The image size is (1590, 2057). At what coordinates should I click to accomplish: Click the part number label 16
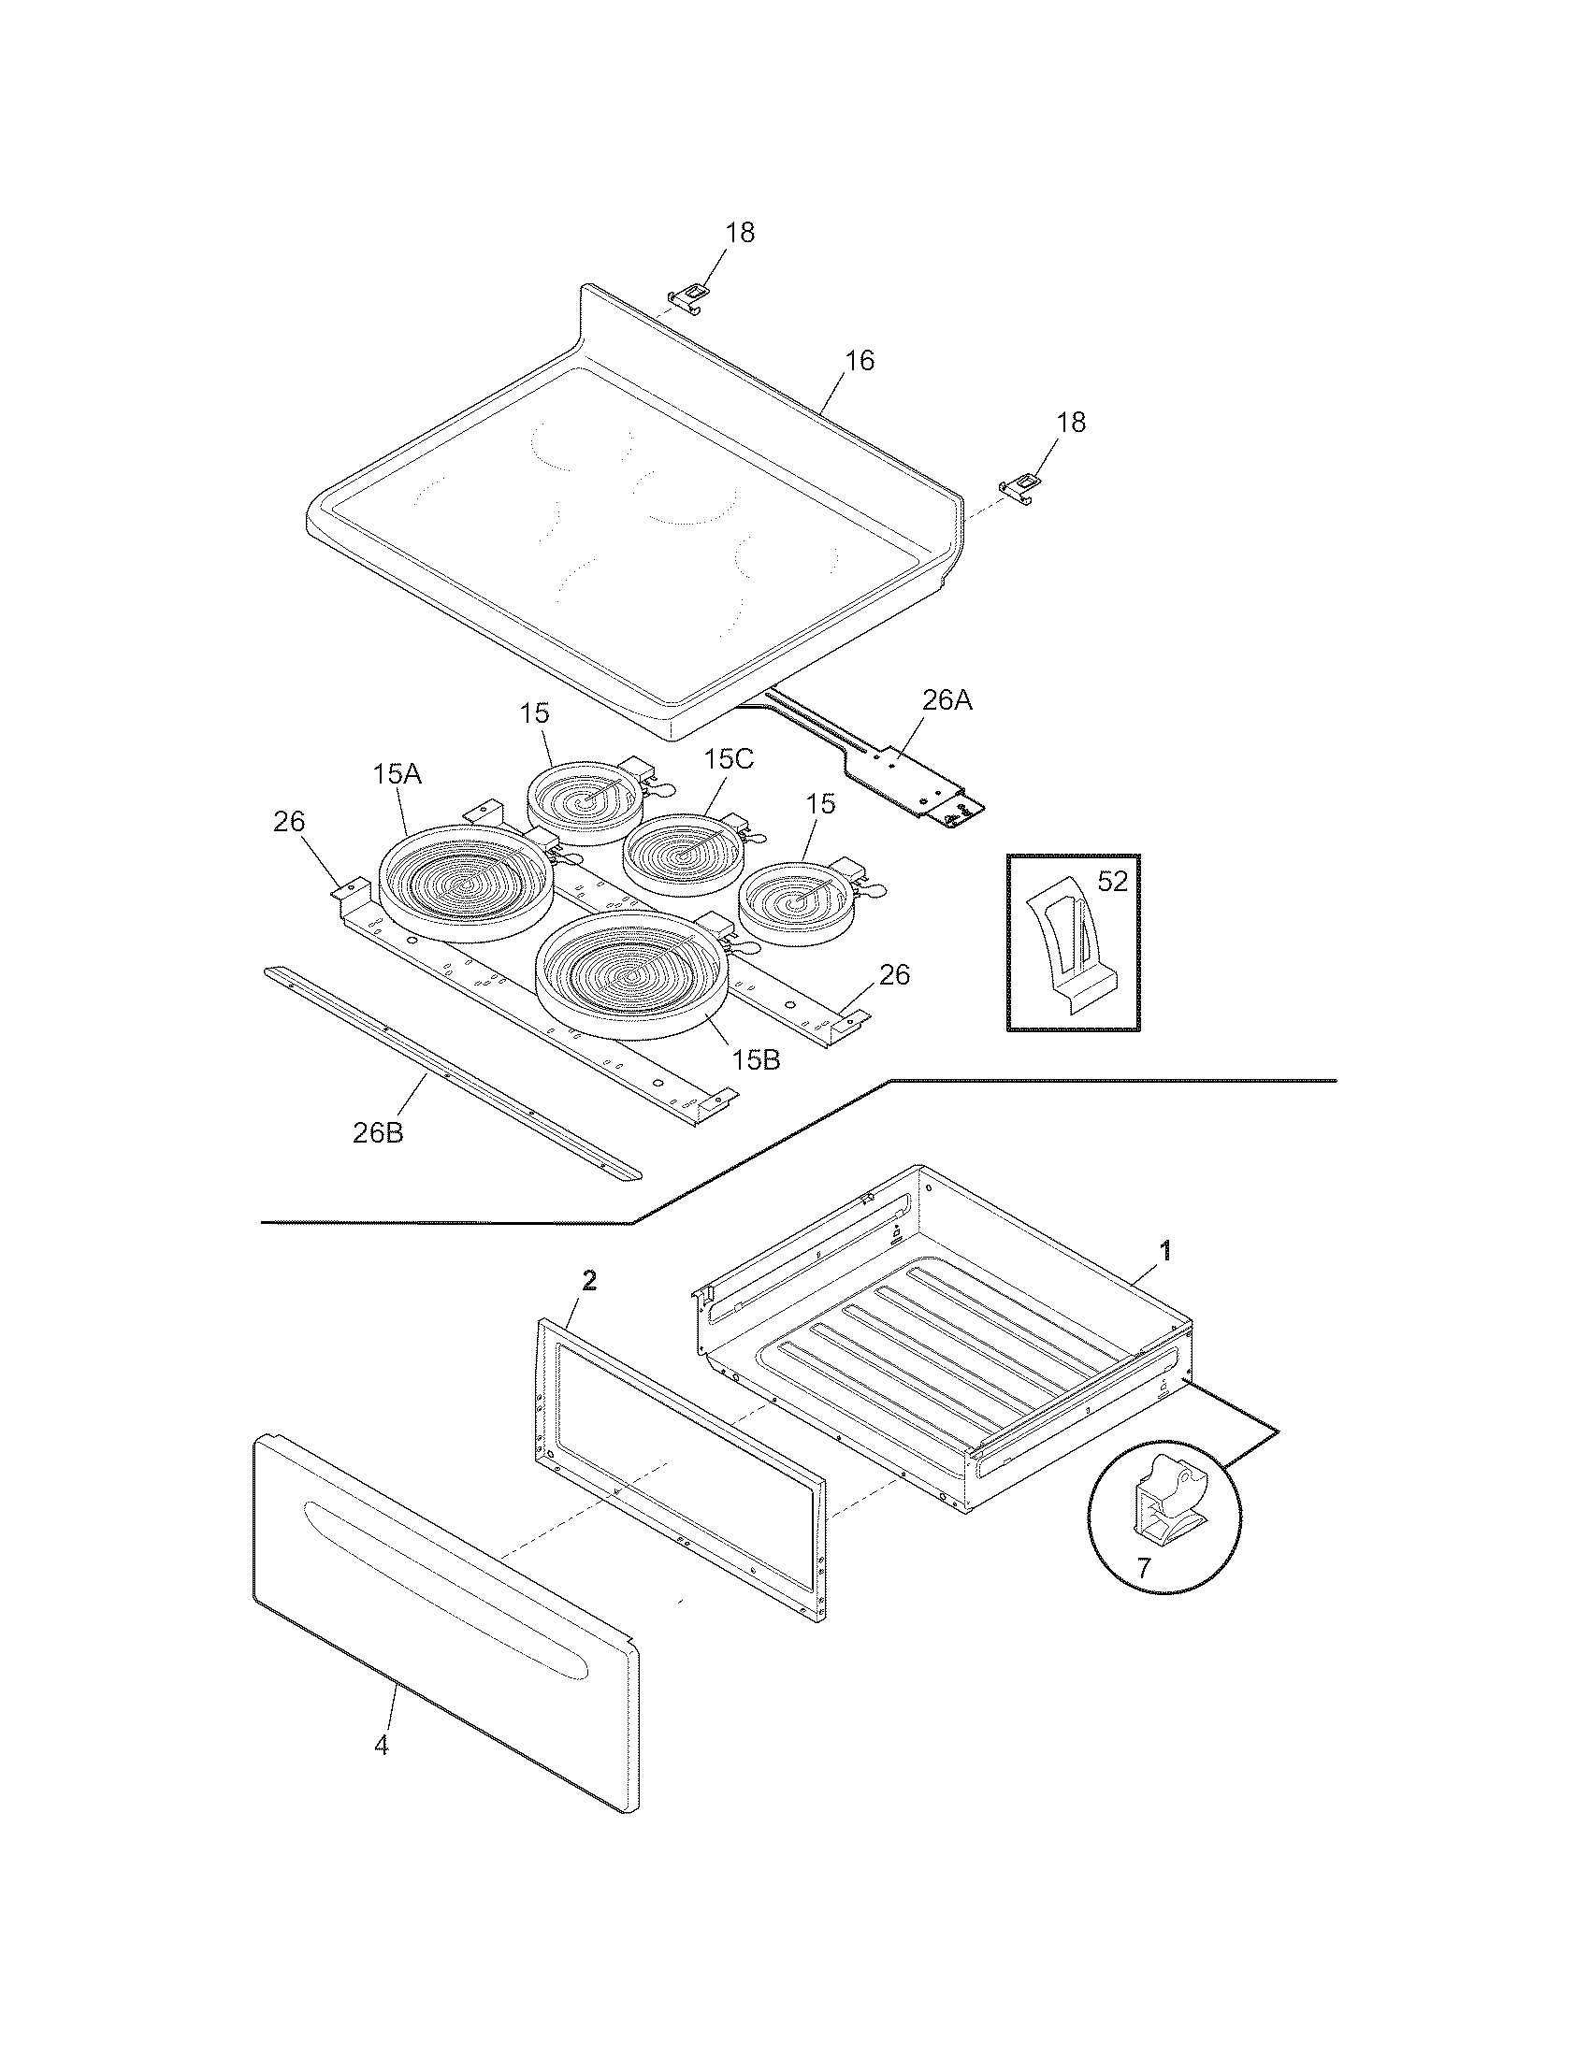pyautogui.click(x=859, y=361)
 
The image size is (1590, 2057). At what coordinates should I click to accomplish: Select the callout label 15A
pyautogui.click(x=397, y=774)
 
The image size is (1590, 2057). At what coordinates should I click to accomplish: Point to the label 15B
pyautogui.click(x=757, y=1059)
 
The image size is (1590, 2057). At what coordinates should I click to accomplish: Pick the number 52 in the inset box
pyautogui.click(x=1111, y=882)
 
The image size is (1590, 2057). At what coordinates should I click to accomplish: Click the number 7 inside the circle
pyautogui.click(x=1144, y=1568)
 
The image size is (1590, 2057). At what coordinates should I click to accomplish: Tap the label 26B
pyautogui.click(x=378, y=1132)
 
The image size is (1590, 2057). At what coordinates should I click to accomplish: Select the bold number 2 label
pyautogui.click(x=588, y=1280)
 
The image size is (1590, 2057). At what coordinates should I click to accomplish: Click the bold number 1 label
pyautogui.click(x=1165, y=1251)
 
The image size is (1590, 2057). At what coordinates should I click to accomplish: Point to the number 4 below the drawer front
pyautogui.click(x=381, y=1745)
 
